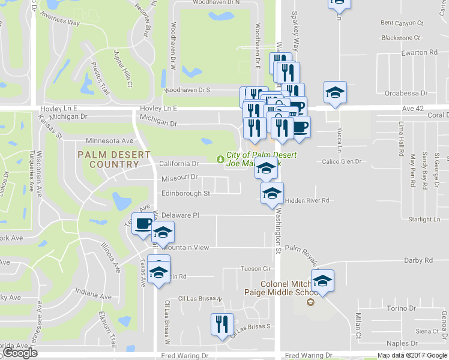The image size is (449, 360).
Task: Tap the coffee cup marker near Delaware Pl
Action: coord(143,225)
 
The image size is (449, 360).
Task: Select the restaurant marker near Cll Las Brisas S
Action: coord(222,325)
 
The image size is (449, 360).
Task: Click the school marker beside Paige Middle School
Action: coord(322,281)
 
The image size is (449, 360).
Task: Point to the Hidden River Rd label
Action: coord(308,200)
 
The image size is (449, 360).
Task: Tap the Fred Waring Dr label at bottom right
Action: coord(309,355)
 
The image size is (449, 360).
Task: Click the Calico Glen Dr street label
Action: coord(342,161)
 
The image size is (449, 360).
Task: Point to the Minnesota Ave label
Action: coord(109,140)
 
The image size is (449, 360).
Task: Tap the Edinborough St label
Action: coord(185,193)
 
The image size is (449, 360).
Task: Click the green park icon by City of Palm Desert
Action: coord(220,159)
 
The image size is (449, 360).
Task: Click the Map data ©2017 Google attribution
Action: coord(412,355)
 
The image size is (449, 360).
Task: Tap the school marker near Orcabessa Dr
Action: coord(335,92)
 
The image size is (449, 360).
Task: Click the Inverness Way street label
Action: coord(60,22)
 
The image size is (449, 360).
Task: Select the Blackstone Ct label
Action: coord(403,37)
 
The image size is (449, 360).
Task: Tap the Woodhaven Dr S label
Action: coord(187,89)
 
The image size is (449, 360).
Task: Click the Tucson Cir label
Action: coord(256,268)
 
